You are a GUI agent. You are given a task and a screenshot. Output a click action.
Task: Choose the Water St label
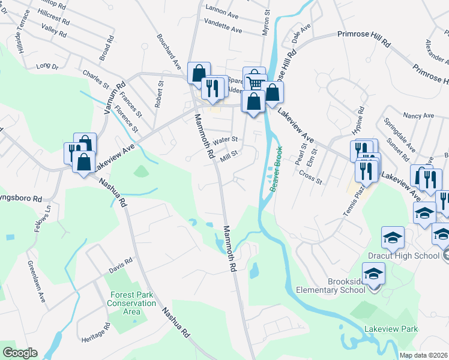226,139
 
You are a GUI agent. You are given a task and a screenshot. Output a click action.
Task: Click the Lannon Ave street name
222,9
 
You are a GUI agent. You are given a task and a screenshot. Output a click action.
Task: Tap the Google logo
19,353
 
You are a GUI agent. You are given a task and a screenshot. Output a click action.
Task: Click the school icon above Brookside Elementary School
373,274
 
